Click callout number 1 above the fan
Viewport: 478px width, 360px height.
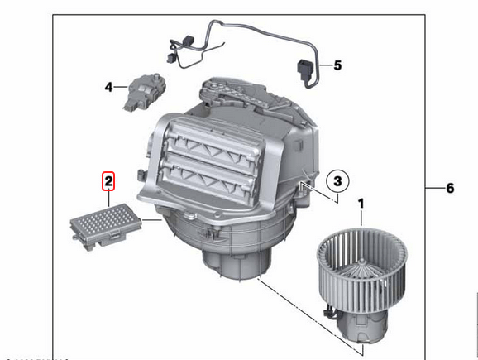(361, 202)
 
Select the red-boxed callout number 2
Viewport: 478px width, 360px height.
(108, 179)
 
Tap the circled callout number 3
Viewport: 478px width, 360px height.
(337, 179)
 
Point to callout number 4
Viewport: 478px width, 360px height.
(108, 86)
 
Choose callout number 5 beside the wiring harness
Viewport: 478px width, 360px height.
(337, 65)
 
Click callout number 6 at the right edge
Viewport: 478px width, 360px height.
(450, 189)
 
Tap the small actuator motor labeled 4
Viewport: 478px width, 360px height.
(140, 89)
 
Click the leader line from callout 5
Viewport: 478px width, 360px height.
(323, 65)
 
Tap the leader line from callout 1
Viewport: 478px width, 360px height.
(361, 218)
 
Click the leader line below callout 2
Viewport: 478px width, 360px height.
(108, 199)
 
